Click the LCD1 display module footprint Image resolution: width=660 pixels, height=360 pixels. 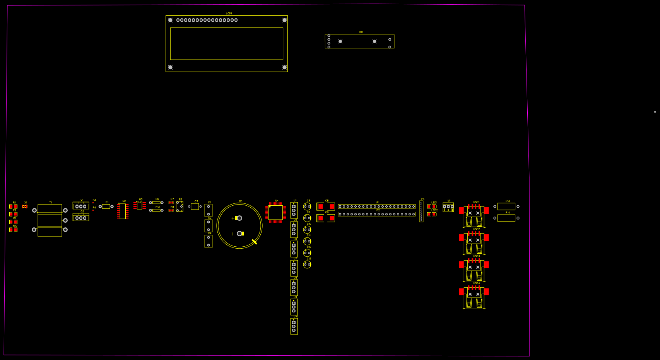coord(227,44)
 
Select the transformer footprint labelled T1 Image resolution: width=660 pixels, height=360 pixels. coord(50,220)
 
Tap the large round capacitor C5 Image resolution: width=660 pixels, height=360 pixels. coord(239,226)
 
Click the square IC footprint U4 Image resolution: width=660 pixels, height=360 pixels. coord(275,212)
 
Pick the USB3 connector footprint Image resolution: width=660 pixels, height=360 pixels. coord(474,270)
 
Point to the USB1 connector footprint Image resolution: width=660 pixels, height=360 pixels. coord(474,216)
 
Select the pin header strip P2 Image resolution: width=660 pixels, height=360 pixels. coord(376,214)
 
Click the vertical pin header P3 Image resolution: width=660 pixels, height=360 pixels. coord(421,211)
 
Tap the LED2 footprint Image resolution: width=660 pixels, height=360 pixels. coord(432,214)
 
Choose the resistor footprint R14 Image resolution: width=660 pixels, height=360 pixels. coord(506,218)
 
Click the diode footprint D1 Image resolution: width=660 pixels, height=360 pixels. coord(106,206)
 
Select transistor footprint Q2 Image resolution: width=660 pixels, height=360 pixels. coord(81,218)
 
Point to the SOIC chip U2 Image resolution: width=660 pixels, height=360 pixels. coord(123,212)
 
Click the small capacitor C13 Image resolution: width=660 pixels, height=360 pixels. coord(307,264)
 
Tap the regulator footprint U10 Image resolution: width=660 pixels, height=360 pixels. coord(294,326)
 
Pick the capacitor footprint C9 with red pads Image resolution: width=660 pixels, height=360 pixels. coord(326,218)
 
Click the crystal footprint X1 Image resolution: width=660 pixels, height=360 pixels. coord(25,206)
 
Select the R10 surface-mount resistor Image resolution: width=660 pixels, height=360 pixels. coord(13,230)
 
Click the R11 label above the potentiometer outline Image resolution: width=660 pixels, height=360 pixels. coord(361,32)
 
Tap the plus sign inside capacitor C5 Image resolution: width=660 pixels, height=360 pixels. coord(233,218)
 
